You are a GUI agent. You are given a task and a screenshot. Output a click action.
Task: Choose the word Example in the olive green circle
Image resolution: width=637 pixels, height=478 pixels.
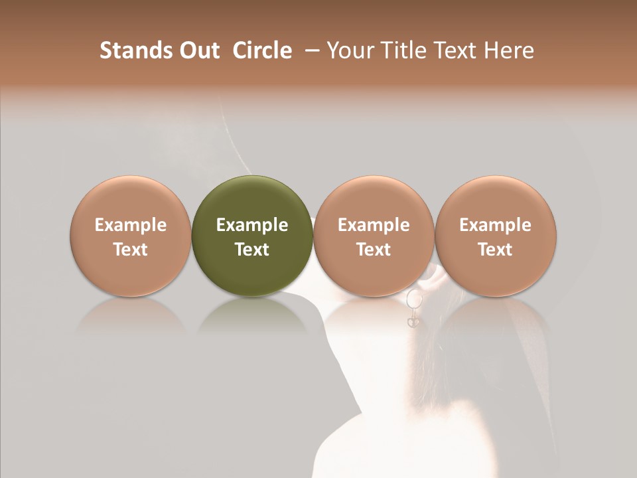(x=252, y=225)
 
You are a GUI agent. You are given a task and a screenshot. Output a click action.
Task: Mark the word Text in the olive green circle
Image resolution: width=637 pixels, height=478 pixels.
(x=252, y=250)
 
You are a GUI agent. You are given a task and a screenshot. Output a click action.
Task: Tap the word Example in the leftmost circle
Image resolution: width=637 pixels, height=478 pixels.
(x=130, y=225)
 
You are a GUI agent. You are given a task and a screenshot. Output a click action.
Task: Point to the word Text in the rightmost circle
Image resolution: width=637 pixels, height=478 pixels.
(x=495, y=250)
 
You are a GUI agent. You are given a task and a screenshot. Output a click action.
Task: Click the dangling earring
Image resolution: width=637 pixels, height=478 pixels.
(x=413, y=308)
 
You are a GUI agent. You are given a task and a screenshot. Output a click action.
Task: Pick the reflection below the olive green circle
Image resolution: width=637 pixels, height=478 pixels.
(x=252, y=315)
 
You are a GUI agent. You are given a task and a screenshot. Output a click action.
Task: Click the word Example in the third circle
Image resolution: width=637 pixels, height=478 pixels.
(x=374, y=225)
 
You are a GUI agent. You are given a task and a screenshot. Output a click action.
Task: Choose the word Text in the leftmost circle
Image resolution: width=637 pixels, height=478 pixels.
(x=130, y=250)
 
